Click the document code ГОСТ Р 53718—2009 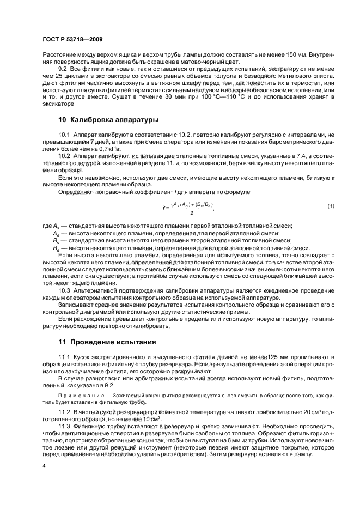[72, 40]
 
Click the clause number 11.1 [65, 356]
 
